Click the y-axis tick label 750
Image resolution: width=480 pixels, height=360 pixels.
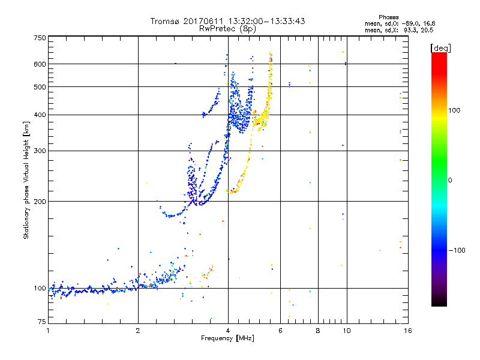[x=40, y=38]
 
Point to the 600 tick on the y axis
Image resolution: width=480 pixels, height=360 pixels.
[x=40, y=64]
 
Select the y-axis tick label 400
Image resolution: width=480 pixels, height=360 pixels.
[x=40, y=115]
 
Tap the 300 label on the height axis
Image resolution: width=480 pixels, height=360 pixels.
[x=40, y=151]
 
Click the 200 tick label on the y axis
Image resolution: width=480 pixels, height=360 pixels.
[x=40, y=202]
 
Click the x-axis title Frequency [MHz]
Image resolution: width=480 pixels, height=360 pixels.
[x=227, y=339]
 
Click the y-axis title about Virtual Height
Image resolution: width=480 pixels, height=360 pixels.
[x=26, y=180]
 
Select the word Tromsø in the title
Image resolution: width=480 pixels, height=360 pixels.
[x=165, y=21]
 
